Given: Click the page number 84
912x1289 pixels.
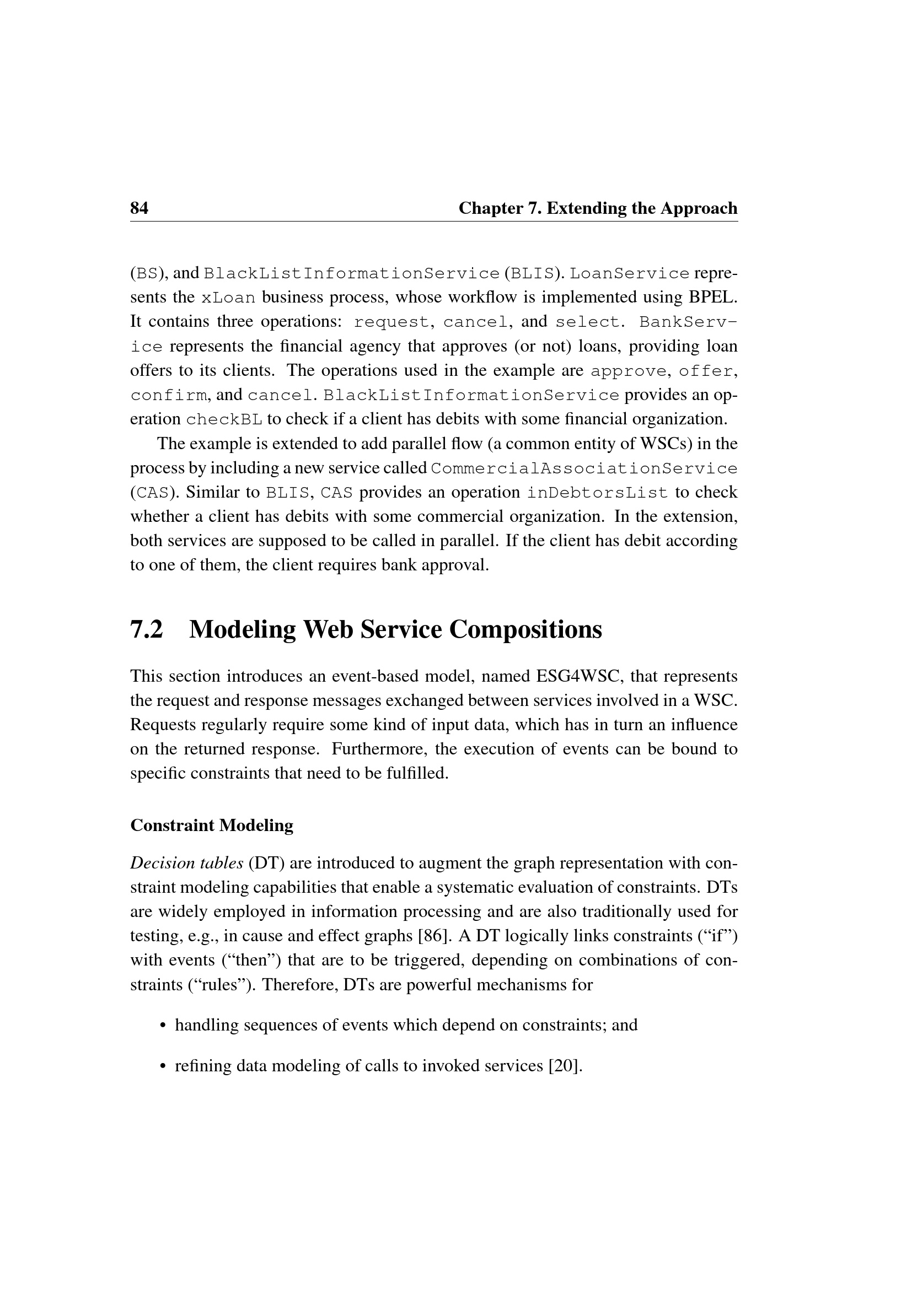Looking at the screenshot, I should [x=140, y=208].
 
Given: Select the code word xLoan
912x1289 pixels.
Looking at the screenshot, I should [x=228, y=298].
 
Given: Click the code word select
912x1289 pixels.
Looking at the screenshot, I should [x=588, y=322].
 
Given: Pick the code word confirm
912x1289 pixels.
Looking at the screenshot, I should [x=169, y=396].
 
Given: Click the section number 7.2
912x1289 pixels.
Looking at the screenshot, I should [x=147, y=629].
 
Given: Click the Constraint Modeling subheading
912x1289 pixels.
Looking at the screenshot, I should [x=212, y=826].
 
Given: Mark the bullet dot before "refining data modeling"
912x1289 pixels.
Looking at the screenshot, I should [x=163, y=1066].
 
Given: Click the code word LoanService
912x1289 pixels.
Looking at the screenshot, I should [x=630, y=274].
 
